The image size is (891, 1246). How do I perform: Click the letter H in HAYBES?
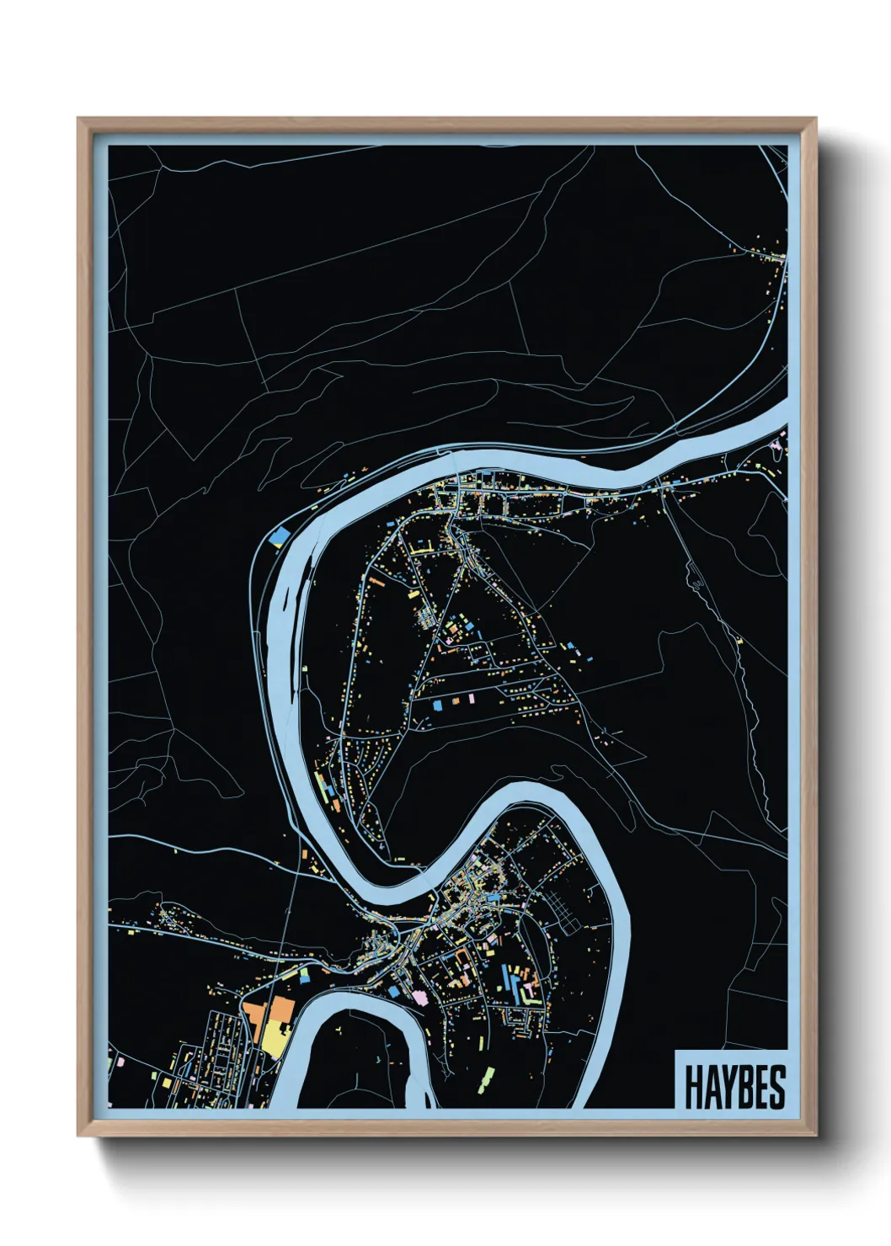pyautogui.click(x=694, y=1087)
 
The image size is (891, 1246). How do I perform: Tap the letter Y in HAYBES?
pyautogui.click(x=729, y=1087)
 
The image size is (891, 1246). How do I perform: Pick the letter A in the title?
pyautogui.click(x=712, y=1087)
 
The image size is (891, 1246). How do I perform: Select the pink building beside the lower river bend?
pyautogui.click(x=419, y=996)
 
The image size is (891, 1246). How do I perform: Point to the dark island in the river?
pyautogui.click(x=290, y=603)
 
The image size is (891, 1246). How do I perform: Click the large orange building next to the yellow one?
pyautogui.click(x=280, y=1009)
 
